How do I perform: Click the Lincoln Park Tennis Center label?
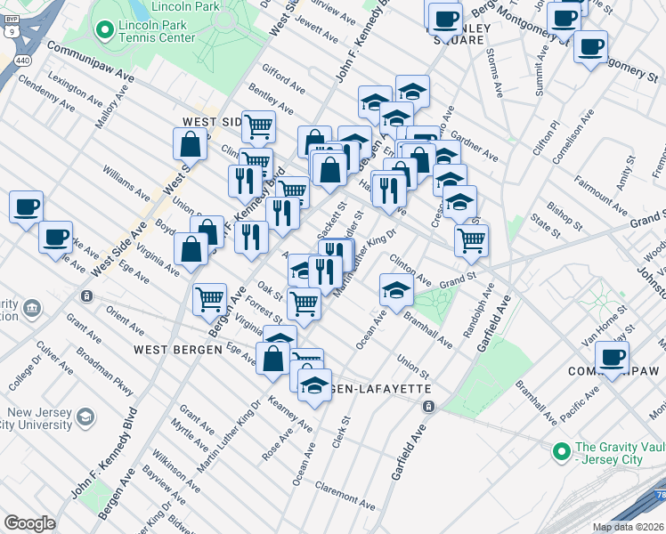tap(164, 31)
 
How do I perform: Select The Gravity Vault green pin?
tap(562, 452)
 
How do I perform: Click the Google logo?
tap(29, 522)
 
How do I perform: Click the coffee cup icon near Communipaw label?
tap(612, 357)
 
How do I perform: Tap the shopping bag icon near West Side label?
tap(191, 143)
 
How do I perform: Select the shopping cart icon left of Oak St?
tap(209, 298)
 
